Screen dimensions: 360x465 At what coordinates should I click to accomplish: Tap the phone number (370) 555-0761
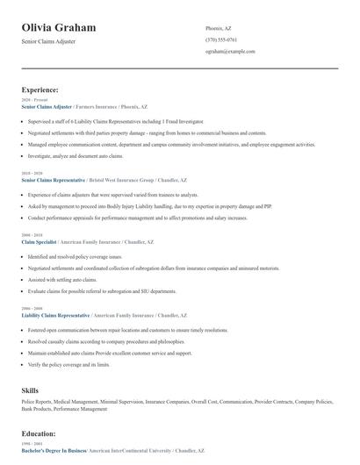coord(221,39)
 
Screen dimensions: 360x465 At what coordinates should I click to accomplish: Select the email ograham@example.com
coord(230,52)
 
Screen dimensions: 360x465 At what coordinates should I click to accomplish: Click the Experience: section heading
coord(40,89)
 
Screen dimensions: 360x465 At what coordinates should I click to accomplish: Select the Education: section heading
coord(40,433)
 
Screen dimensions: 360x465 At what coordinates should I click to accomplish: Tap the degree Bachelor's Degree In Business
coord(54,450)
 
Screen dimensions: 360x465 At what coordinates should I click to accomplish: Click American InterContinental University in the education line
coord(129,450)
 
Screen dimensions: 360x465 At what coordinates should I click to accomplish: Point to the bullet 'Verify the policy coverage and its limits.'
coord(68,364)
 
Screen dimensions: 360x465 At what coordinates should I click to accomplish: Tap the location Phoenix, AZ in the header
coord(219,28)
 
